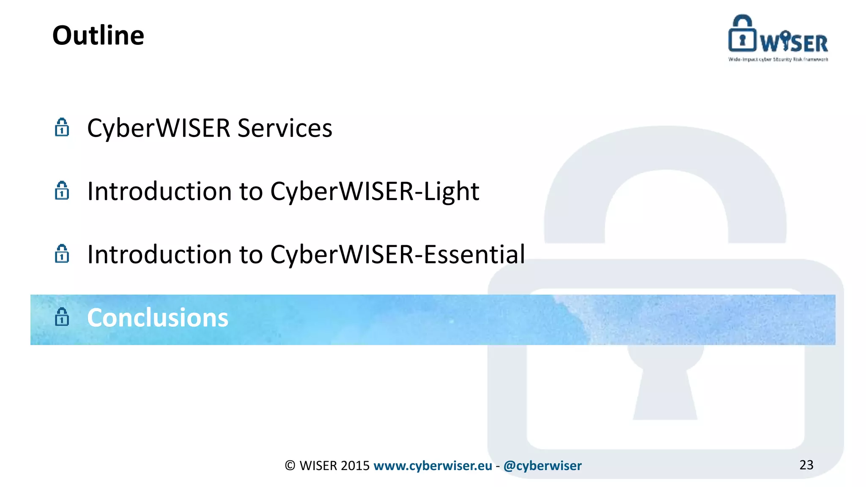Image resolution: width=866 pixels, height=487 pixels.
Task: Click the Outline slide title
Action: point(98,36)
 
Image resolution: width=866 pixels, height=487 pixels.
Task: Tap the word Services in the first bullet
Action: point(285,128)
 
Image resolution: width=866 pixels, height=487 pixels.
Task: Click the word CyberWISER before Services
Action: point(159,128)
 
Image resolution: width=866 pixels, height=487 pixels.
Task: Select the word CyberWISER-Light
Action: point(374,192)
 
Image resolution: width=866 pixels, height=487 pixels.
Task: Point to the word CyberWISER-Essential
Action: point(397,254)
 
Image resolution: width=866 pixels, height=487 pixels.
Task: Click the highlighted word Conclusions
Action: point(157,318)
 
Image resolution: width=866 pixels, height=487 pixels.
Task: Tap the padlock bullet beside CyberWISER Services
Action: point(62,127)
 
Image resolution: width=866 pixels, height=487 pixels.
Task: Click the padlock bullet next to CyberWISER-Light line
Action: point(62,191)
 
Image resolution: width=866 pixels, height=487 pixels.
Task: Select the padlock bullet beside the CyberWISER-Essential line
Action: point(62,254)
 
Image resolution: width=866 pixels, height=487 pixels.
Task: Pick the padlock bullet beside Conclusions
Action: point(62,317)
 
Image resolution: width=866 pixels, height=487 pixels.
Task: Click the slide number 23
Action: point(806,465)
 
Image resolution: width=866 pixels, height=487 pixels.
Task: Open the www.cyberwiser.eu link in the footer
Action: point(433,466)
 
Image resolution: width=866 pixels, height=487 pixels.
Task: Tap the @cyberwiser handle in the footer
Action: point(543,466)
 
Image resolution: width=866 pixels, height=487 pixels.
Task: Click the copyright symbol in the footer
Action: point(290,466)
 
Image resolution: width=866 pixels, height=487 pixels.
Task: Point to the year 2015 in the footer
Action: point(355,466)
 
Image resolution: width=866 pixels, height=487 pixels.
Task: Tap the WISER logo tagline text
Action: point(778,60)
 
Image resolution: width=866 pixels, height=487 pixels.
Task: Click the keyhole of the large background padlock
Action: point(665,380)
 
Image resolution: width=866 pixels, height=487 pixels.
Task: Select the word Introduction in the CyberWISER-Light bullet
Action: point(159,192)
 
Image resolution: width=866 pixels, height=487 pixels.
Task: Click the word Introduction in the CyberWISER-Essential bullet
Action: point(159,254)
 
